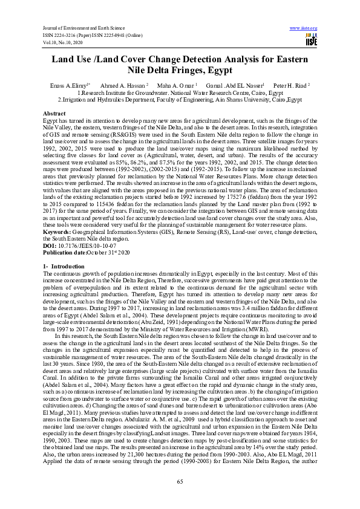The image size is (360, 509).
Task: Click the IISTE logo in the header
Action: [x=312, y=39]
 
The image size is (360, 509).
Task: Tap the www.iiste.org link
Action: [x=304, y=28]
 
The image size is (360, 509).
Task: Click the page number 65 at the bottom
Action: [x=180, y=481]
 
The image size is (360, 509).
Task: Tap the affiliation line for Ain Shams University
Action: [x=180, y=99]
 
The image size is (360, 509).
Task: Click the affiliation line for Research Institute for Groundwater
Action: [x=180, y=92]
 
